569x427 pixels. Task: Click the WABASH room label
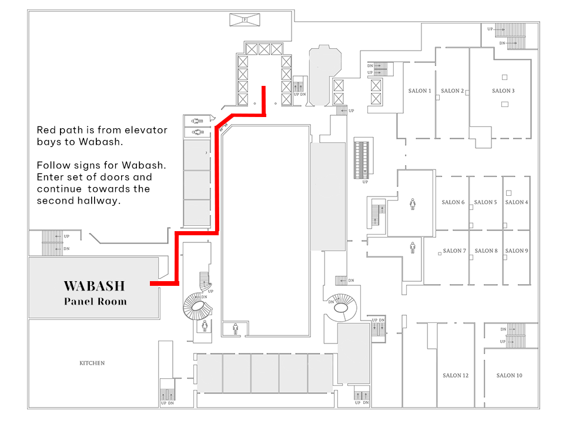(x=95, y=286)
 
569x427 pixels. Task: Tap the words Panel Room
(x=95, y=302)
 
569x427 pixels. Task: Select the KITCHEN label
(x=92, y=363)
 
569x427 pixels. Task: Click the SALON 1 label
(x=420, y=91)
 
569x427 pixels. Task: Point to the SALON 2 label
(x=453, y=91)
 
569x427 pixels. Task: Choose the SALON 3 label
(x=503, y=91)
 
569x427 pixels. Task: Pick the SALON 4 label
(x=517, y=202)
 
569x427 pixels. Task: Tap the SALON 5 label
(x=486, y=202)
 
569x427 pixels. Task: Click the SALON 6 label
(x=453, y=202)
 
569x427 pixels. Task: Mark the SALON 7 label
(x=455, y=251)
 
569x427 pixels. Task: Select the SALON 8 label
(x=486, y=251)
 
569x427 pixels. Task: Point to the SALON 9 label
(x=517, y=251)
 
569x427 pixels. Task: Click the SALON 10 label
(x=509, y=376)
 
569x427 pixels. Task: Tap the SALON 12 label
(x=456, y=376)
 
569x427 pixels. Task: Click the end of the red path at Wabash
(x=152, y=284)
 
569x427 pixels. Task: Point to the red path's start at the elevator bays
(x=264, y=88)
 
